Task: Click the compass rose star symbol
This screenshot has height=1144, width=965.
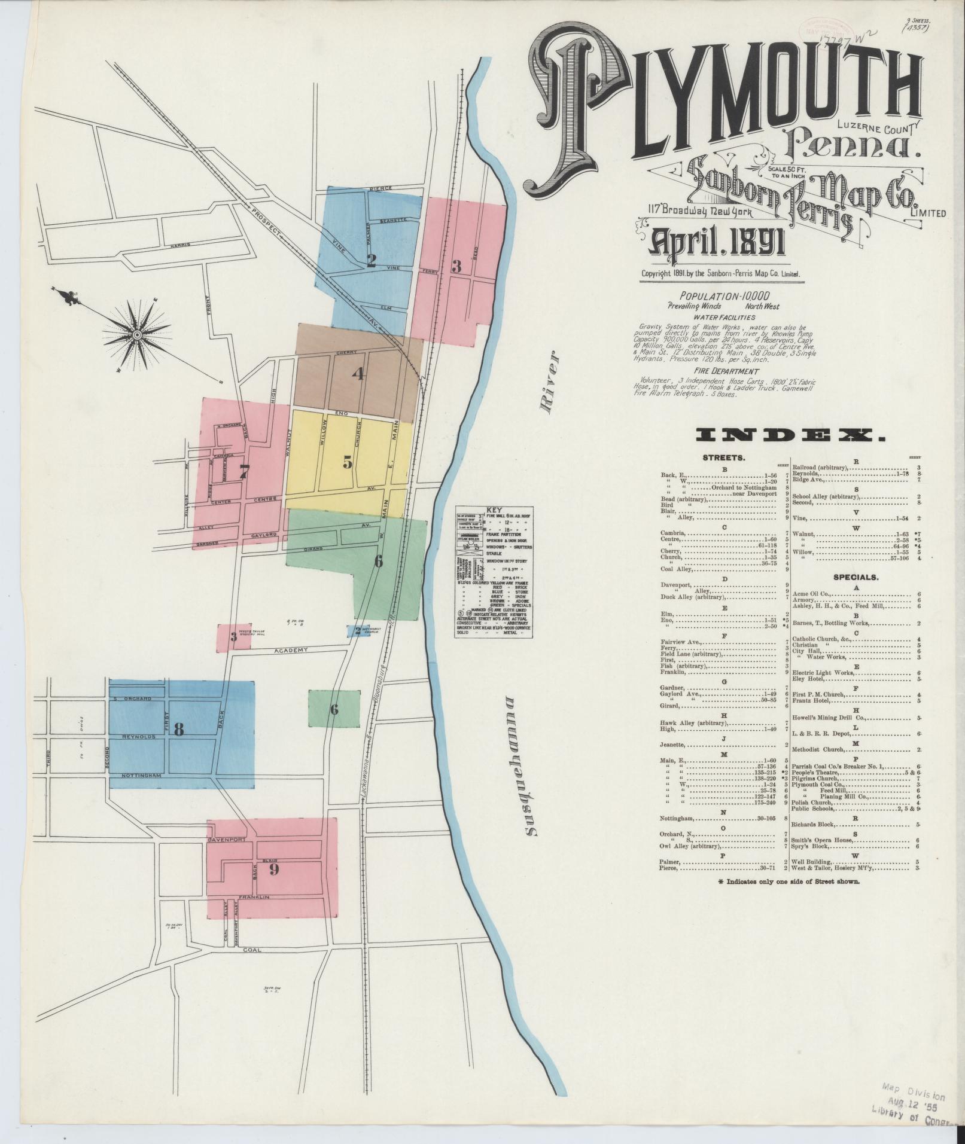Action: click(x=136, y=332)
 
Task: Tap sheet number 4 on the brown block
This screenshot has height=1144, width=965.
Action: click(x=358, y=374)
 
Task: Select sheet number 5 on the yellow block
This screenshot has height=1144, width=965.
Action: click(x=348, y=462)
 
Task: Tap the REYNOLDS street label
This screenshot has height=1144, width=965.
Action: click(x=138, y=737)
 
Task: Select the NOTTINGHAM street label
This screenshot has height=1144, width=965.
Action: click(x=143, y=775)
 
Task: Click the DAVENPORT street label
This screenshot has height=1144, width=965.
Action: click(x=227, y=840)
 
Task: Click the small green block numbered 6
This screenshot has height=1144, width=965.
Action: click(x=334, y=709)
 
